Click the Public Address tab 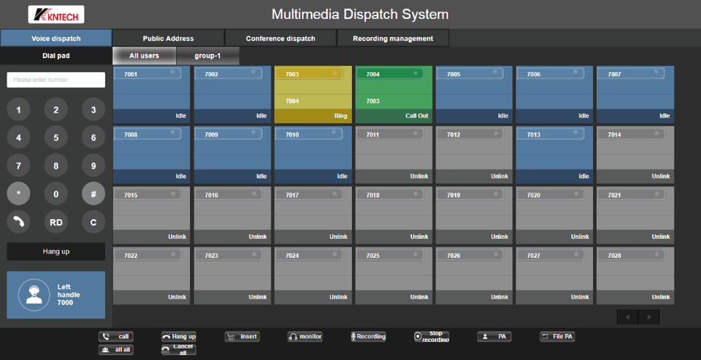pyautogui.click(x=168, y=38)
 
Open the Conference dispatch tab pyautogui.click(x=280, y=38)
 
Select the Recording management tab pyautogui.click(x=392, y=38)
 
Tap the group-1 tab pyautogui.click(x=207, y=55)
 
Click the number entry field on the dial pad pyautogui.click(x=55, y=80)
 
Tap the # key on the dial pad pyautogui.click(x=93, y=193)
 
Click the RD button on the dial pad pyautogui.click(x=55, y=221)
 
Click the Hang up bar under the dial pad pyautogui.click(x=55, y=251)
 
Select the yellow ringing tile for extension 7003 pyautogui.click(x=313, y=94)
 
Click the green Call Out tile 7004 pyautogui.click(x=394, y=94)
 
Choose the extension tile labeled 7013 pyautogui.click(x=555, y=154)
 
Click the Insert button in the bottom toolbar pyautogui.click(x=242, y=337)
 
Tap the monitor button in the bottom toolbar pyautogui.click(x=305, y=337)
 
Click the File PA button pyautogui.click(x=557, y=337)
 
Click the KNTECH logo pyautogui.click(x=56, y=15)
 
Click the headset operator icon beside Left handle pyautogui.click(x=33, y=294)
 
